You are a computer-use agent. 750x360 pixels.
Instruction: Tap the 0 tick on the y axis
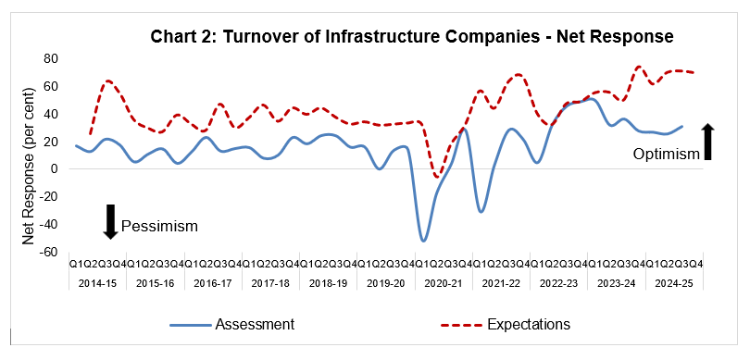tap(55, 169)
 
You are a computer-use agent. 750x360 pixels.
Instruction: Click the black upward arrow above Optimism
tap(708, 141)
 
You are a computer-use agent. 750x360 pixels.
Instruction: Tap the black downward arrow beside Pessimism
tap(108, 221)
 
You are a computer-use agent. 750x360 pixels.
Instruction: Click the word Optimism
tap(666, 154)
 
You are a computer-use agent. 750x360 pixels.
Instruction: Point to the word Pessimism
tap(159, 225)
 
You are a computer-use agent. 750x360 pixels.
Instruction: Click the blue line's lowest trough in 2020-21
tap(424, 241)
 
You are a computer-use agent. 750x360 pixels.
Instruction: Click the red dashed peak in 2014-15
tap(108, 81)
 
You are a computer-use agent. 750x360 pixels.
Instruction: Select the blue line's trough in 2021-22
tap(481, 211)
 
